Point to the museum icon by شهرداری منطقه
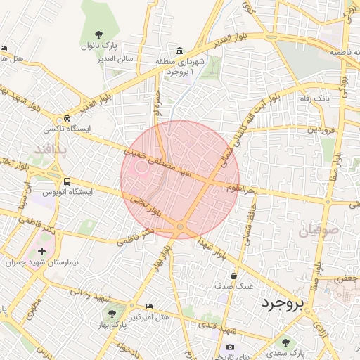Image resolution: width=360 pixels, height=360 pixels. pos(181,51)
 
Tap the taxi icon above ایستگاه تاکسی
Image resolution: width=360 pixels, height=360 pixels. pos(67,119)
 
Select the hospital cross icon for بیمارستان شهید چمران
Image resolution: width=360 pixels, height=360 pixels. pos(42,251)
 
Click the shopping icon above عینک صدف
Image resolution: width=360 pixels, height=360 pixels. pos(233,276)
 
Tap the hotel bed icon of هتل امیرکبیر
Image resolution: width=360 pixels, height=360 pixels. pos(149,307)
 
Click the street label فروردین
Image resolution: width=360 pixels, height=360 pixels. pos(323,129)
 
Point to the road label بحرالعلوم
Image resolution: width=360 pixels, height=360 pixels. pos(244,188)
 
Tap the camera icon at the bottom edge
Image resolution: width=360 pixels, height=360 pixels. pos(230,347)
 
